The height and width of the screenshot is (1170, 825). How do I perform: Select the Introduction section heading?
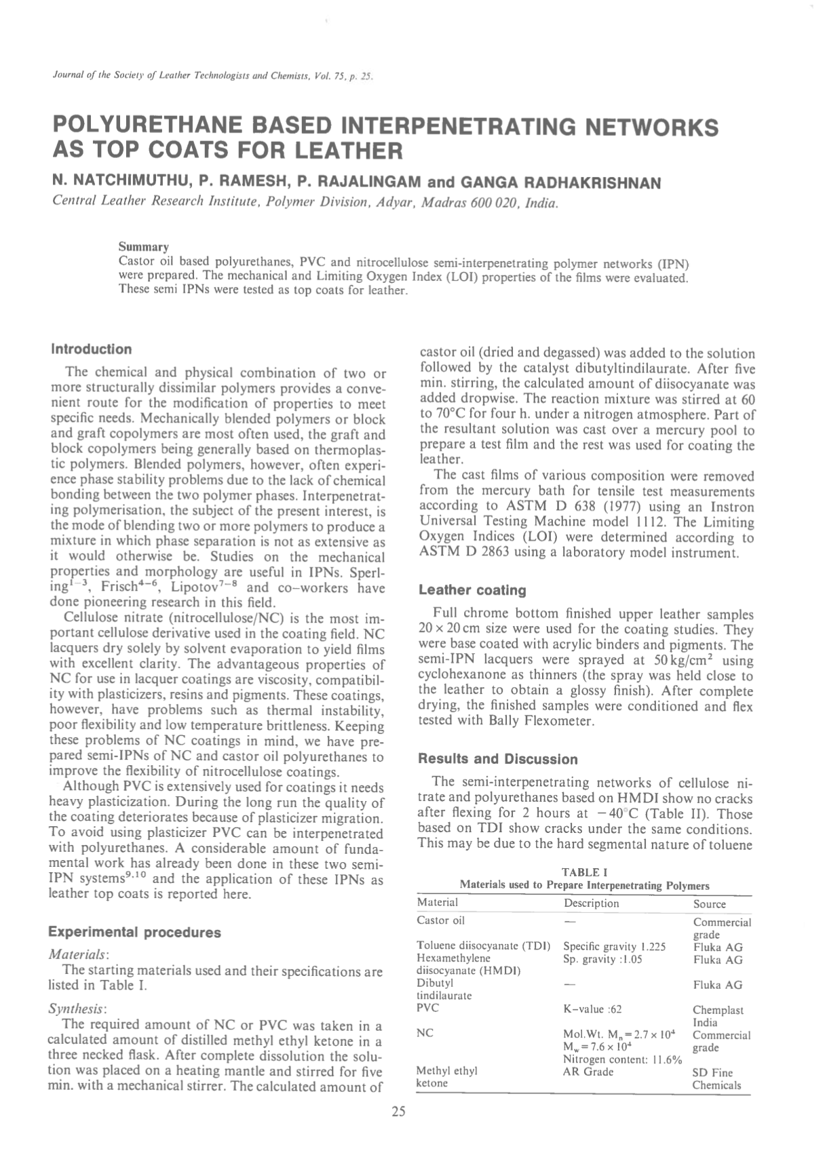[92, 349]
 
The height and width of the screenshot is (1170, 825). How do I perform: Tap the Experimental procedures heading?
[136, 933]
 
